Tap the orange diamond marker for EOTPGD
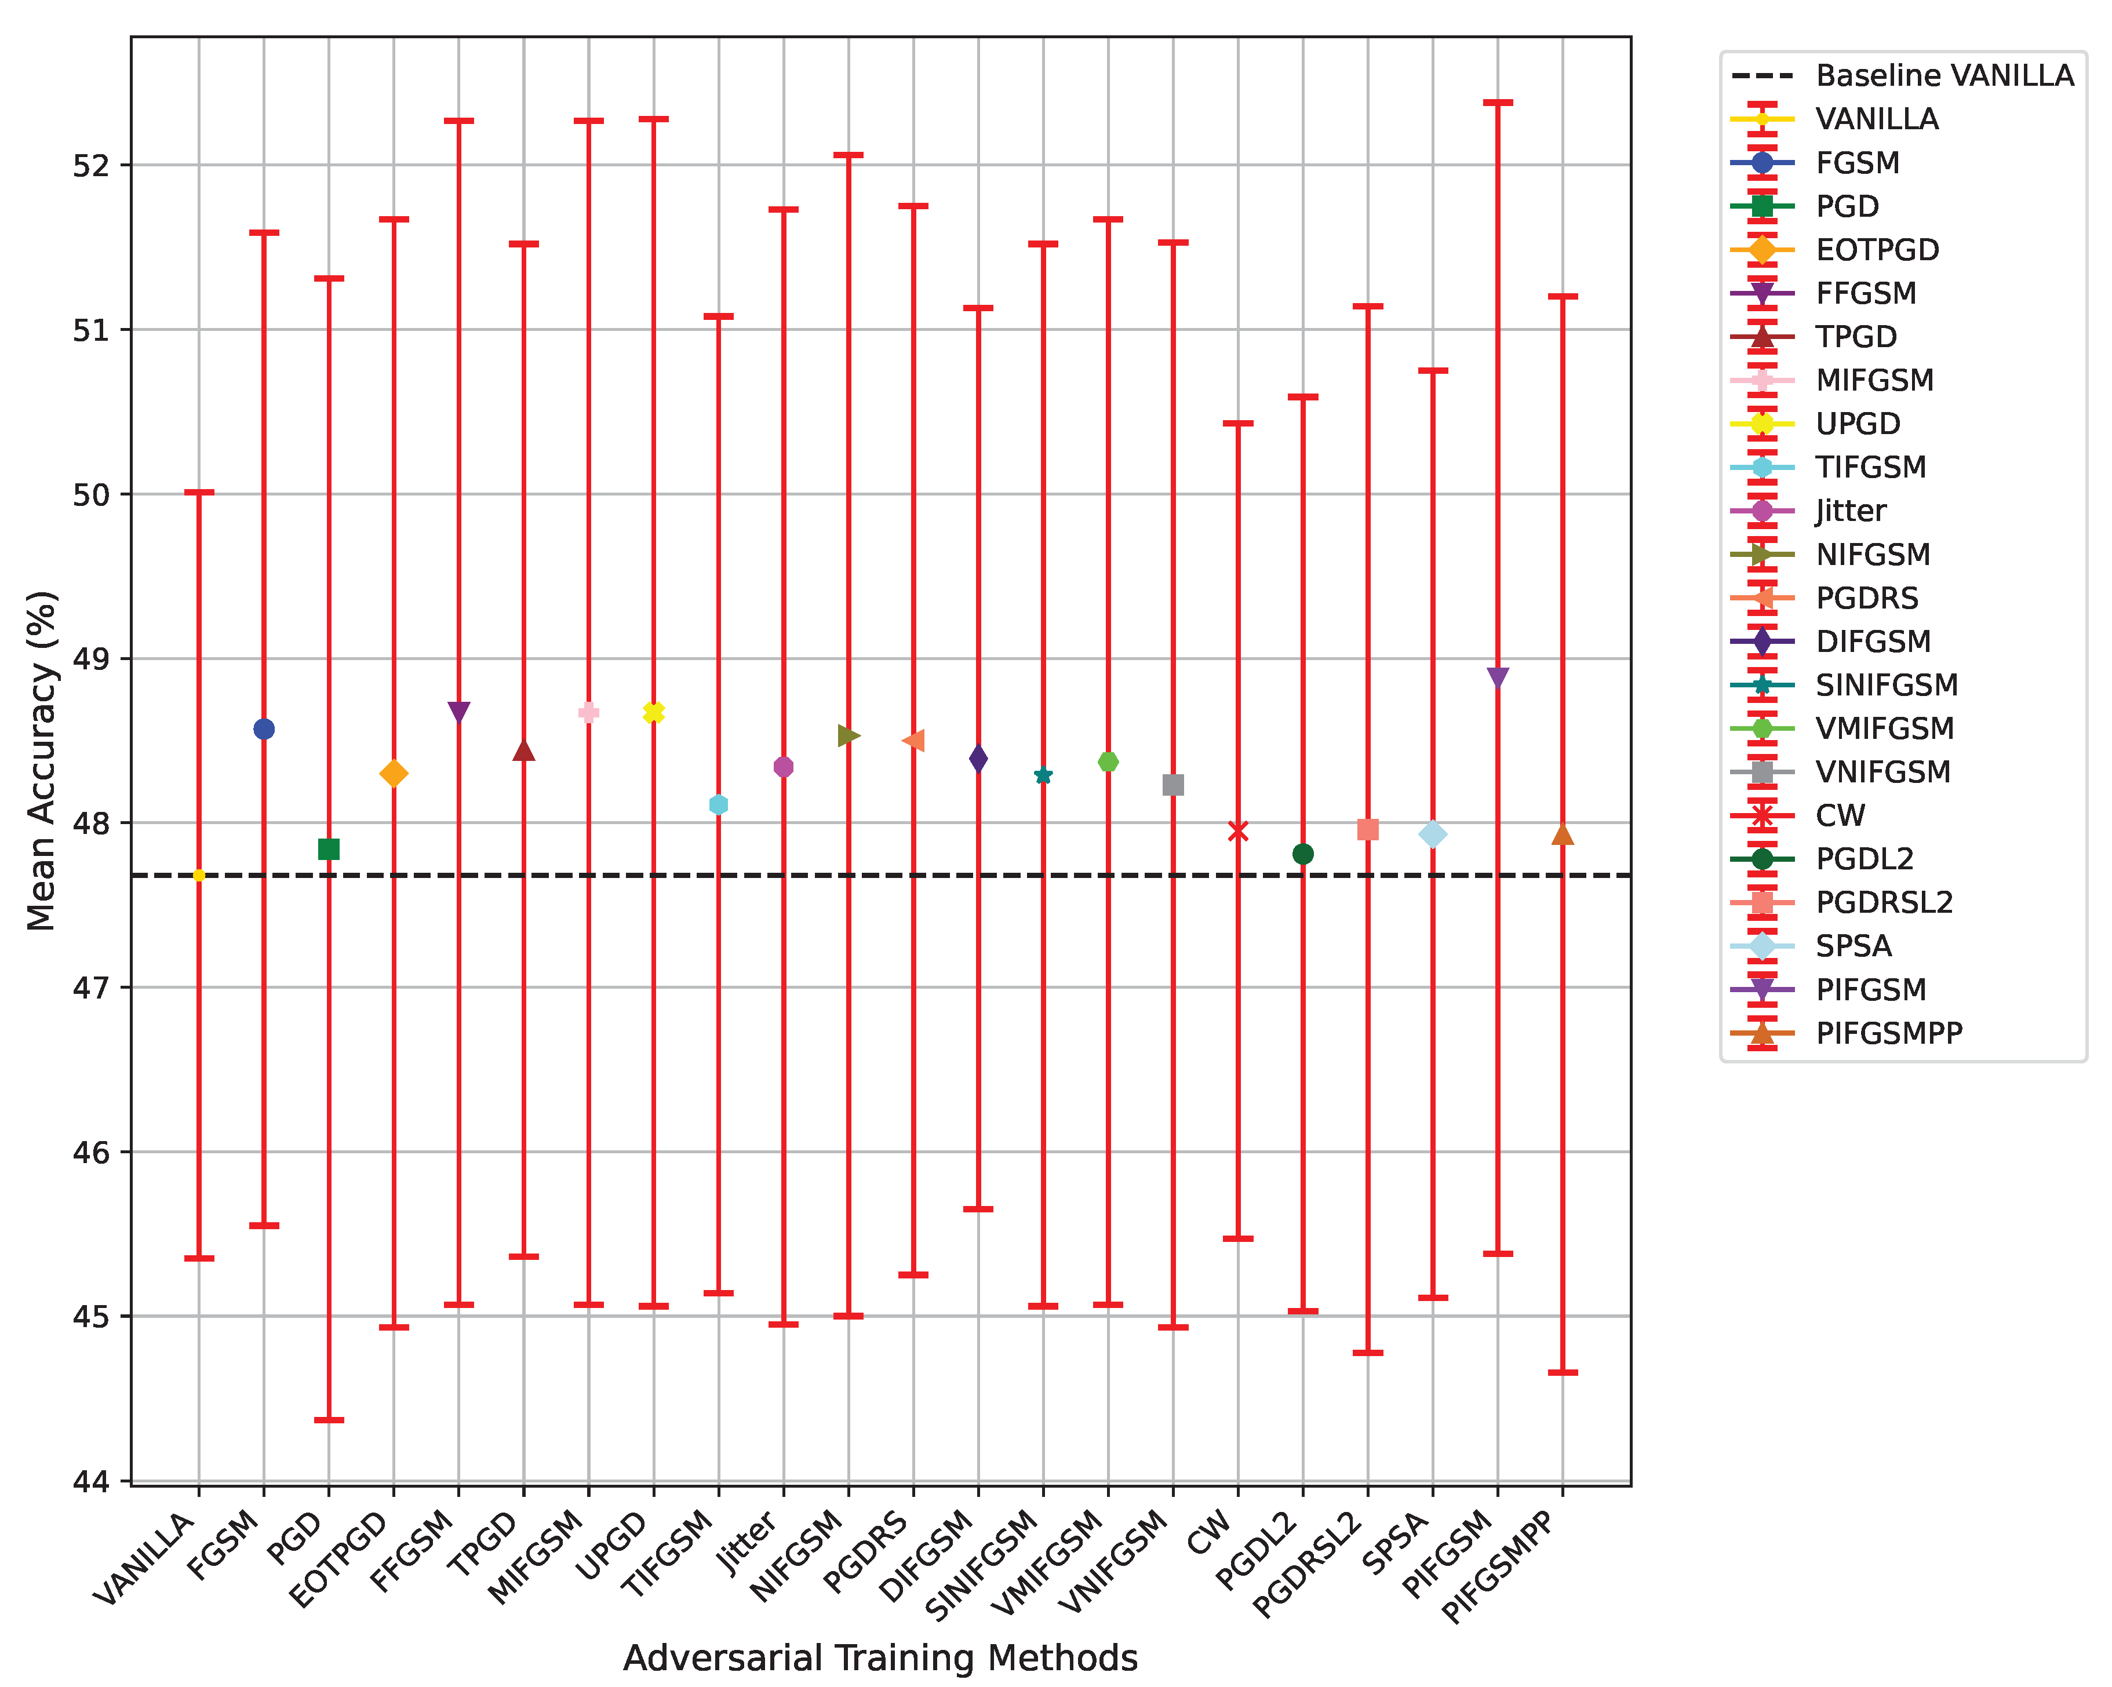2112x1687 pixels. coord(394,774)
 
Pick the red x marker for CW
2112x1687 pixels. coord(1238,831)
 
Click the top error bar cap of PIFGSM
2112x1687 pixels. coord(1498,102)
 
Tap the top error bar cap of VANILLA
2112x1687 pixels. coord(199,492)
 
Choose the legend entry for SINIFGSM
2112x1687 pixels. coord(1886,685)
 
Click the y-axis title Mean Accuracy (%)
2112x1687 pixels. coord(41,760)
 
